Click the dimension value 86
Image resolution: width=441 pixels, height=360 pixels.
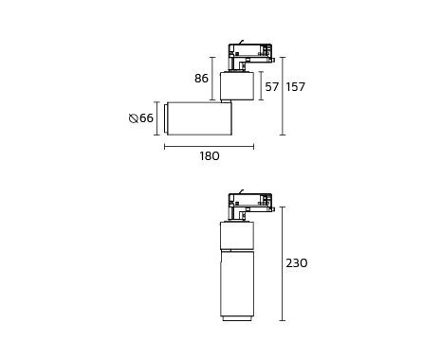click(201, 79)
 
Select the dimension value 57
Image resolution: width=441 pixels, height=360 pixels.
click(272, 87)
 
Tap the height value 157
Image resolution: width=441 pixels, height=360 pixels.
click(296, 87)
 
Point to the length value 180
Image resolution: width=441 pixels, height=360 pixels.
click(210, 156)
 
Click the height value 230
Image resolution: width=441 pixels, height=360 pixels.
click(297, 263)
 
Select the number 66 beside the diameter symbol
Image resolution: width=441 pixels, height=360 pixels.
click(146, 118)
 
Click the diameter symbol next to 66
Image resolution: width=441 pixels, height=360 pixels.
click(134, 118)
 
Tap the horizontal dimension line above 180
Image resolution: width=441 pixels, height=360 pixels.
click(209, 146)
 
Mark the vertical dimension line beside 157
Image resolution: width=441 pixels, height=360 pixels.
click(283, 96)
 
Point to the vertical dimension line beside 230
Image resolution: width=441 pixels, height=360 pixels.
click(283, 263)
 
